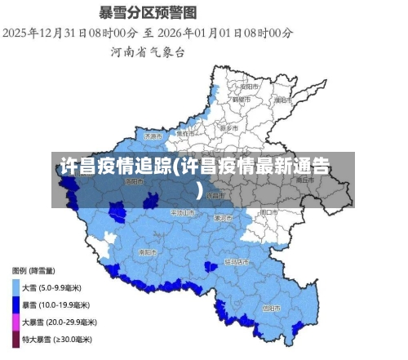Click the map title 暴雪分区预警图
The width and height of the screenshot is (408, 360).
tap(148, 12)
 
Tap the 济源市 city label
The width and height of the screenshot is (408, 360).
tap(154, 136)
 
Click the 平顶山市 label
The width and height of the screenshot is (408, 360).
tap(182, 212)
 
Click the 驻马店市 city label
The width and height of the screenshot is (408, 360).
tap(237, 262)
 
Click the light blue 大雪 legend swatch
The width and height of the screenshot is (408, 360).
tap(16, 287)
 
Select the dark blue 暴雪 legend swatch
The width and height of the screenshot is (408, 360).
tap(16, 304)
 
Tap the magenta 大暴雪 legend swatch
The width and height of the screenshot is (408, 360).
tap(16, 322)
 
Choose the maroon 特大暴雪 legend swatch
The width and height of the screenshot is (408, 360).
tap(16, 339)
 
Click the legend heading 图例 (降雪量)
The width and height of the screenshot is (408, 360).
tap(33, 270)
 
